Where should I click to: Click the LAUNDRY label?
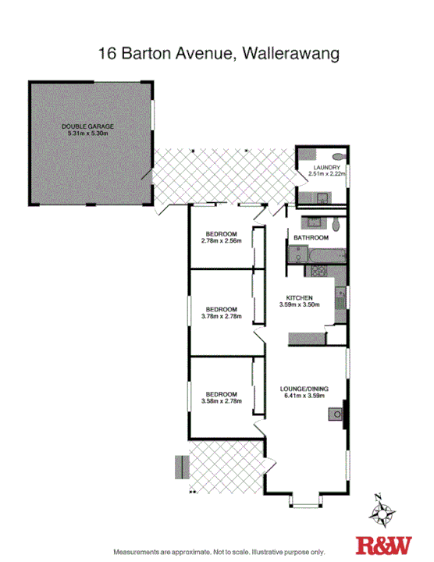click(x=325, y=167)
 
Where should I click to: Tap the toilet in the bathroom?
click(x=336, y=225)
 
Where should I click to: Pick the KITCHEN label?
click(x=299, y=298)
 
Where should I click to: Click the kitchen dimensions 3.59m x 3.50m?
click(x=299, y=306)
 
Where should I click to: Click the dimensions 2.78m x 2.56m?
click(x=222, y=241)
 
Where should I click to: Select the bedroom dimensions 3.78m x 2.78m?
click(x=222, y=317)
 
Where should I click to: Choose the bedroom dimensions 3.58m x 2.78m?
click(x=222, y=401)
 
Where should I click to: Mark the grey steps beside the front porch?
click(x=182, y=468)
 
